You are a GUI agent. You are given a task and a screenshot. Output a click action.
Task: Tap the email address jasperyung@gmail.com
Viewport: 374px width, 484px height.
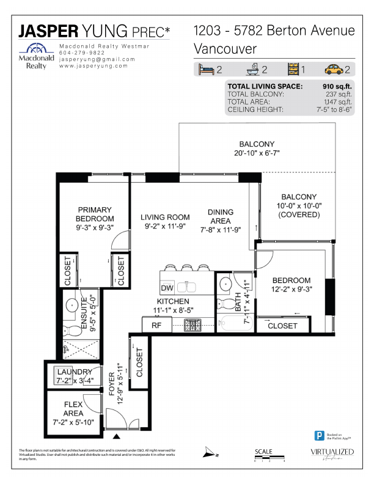pyautogui.click(x=97, y=59)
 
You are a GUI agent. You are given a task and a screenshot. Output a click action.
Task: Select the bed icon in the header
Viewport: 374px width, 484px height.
pyautogui.click(x=205, y=69)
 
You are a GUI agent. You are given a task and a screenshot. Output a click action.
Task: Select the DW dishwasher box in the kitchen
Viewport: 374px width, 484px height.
pyautogui.click(x=167, y=288)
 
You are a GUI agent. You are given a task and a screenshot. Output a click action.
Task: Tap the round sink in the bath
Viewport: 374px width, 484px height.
pyautogui.click(x=226, y=284)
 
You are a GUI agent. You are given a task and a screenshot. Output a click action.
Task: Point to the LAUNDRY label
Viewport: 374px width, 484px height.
pyautogui.click(x=75, y=372)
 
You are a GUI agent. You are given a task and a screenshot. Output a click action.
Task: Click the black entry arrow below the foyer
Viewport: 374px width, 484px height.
pyautogui.click(x=117, y=436)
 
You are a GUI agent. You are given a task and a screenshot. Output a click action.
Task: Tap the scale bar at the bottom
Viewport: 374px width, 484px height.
pyautogui.click(x=269, y=457)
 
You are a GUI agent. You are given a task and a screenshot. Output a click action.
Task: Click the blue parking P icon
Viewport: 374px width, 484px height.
pyautogui.click(x=318, y=436)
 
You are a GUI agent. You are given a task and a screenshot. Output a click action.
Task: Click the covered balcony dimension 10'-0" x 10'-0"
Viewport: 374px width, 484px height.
pyautogui.click(x=299, y=206)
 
